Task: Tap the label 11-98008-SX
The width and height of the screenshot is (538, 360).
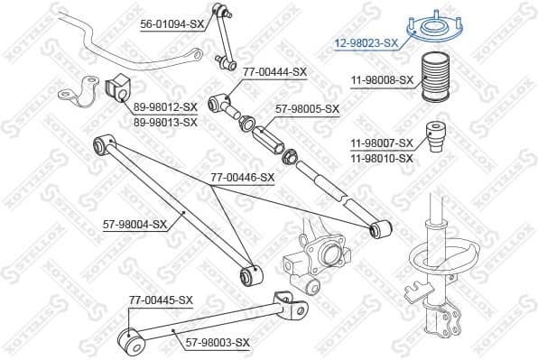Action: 382,80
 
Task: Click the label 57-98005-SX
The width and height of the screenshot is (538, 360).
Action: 308,109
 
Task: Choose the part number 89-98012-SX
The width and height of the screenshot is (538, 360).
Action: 165,106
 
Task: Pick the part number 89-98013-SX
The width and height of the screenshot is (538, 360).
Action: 165,121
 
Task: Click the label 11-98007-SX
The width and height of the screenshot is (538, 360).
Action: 382,143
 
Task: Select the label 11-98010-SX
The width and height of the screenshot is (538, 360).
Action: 382,158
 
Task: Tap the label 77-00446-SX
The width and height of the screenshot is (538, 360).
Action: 241,178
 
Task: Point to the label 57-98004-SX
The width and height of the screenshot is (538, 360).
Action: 134,224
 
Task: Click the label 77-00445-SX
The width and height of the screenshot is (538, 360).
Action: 160,300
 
